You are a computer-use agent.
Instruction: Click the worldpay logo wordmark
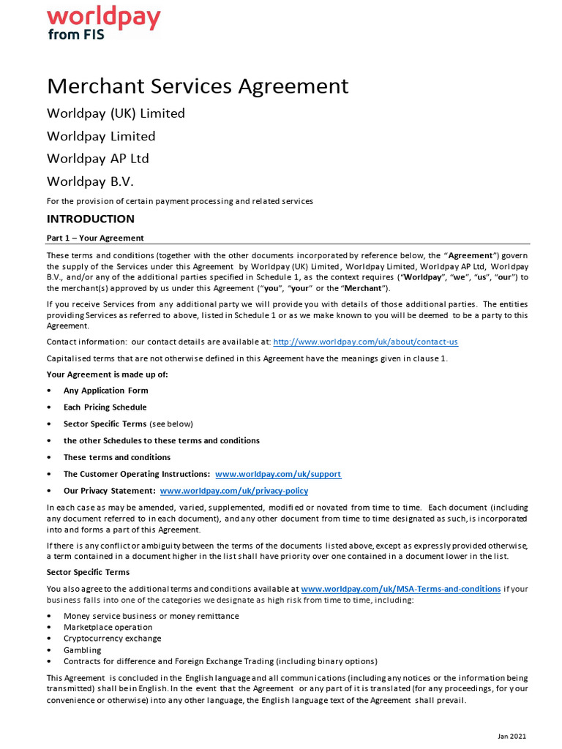click(103, 18)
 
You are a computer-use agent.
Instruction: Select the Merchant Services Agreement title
click(198, 86)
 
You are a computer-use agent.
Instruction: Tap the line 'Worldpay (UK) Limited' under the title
click(116, 113)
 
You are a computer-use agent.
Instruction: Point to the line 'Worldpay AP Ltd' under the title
click(97, 159)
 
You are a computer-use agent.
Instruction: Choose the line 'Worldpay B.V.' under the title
click(91, 181)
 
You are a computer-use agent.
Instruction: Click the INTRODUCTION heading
click(91, 219)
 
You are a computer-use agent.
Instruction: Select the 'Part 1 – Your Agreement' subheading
click(95, 238)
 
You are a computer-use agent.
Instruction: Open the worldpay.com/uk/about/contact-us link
click(365, 342)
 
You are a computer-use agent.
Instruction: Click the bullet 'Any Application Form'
click(105, 391)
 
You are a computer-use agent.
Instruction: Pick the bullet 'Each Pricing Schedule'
click(105, 407)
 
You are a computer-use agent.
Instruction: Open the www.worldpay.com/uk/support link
click(278, 474)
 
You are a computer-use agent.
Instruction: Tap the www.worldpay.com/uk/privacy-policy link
click(233, 491)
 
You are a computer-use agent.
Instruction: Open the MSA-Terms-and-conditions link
click(400, 588)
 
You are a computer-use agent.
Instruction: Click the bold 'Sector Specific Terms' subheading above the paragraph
click(88, 572)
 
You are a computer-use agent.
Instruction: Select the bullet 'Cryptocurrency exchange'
click(112, 639)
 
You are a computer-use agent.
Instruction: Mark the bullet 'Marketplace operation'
click(108, 627)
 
